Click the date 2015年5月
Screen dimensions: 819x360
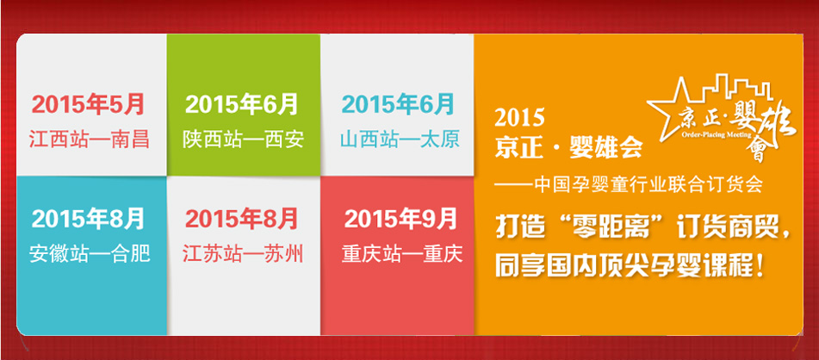pyautogui.click(x=87, y=104)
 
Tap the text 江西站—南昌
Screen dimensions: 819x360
pyautogui.click(x=89, y=140)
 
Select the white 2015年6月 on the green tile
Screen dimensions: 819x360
pyautogui.click(x=241, y=104)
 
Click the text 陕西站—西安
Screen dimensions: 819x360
pyautogui.click(x=243, y=140)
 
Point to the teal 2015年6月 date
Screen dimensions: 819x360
pyautogui.click(x=398, y=104)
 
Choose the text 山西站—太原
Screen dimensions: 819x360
pyautogui.click(x=399, y=140)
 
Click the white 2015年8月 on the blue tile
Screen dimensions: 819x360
pyautogui.click(x=87, y=219)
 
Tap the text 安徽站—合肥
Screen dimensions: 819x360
pyautogui.click(x=90, y=254)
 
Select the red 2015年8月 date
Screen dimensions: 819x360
pyautogui.click(x=241, y=219)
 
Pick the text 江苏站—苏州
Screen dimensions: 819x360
pyautogui.click(x=243, y=254)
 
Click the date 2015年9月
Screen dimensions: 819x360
pyautogui.click(x=400, y=219)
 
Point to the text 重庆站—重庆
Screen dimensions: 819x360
pyautogui.click(x=401, y=254)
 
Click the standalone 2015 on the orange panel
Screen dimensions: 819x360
pyautogui.click(x=519, y=118)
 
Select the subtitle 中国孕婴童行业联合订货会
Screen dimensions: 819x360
pyautogui.click(x=629, y=185)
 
